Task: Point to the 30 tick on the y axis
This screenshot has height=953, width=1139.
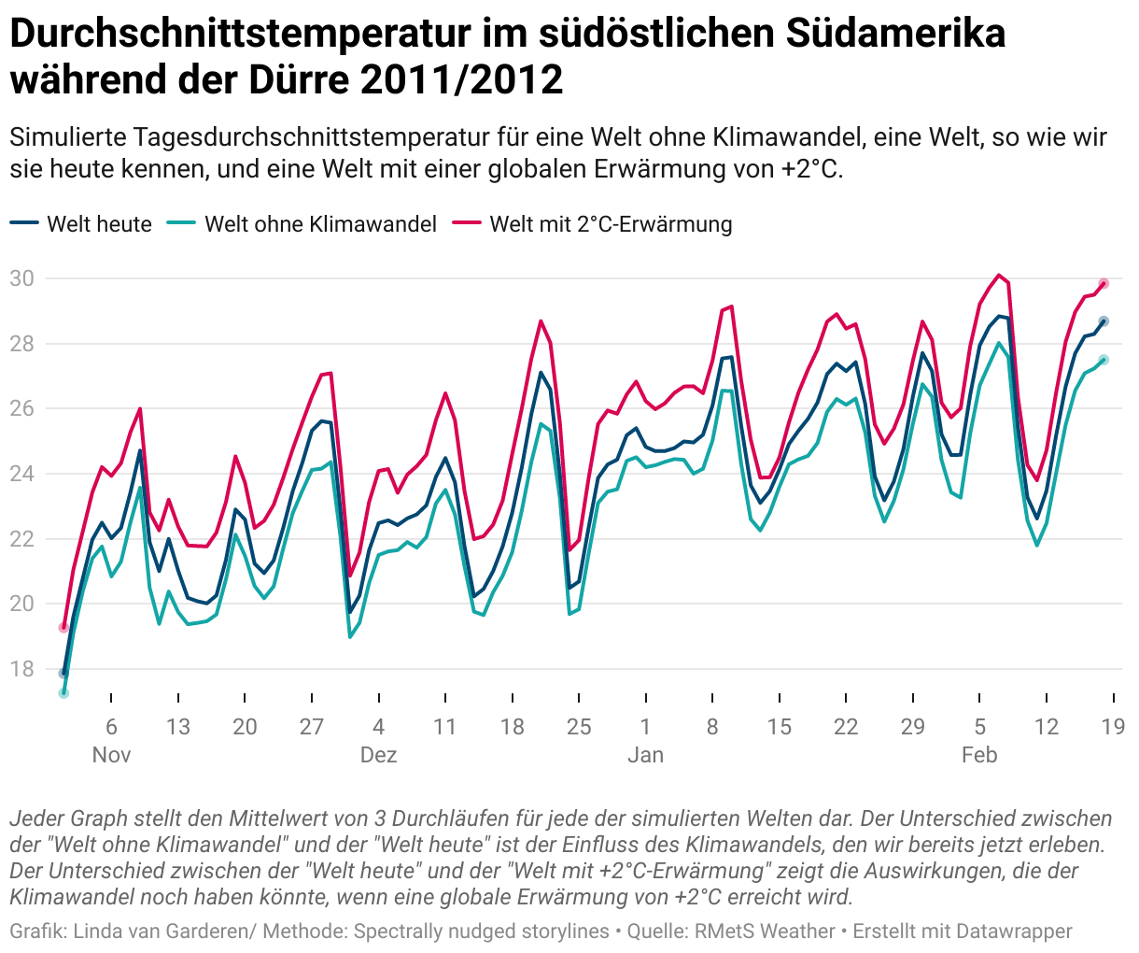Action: [22, 278]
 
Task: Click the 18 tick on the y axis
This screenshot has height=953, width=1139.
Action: [22, 669]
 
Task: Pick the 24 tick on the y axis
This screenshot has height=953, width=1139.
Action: [22, 474]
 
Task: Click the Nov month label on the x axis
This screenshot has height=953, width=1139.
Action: [111, 755]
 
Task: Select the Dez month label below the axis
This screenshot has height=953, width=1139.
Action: [378, 755]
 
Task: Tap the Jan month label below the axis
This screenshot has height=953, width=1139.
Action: [645, 755]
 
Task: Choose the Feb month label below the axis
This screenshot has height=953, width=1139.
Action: [979, 755]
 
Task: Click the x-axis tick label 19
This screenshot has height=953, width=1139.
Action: [1113, 727]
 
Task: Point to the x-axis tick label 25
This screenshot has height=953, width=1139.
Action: [579, 727]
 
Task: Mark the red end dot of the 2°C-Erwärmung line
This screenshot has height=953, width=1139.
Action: [1104, 283]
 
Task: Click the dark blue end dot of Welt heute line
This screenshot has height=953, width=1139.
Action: [1104, 321]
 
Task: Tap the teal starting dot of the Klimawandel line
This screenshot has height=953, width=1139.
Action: [63, 692]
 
